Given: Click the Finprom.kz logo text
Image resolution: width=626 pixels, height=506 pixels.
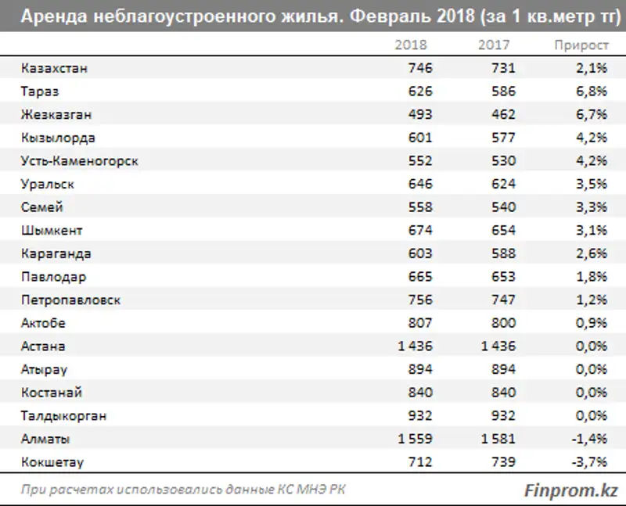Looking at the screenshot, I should click(570, 490).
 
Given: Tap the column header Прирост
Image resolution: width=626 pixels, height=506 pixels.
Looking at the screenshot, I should click(581, 45).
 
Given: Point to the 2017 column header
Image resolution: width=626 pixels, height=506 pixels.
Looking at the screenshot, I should click(494, 45).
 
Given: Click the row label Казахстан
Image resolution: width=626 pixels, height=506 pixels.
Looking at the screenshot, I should click(56, 68).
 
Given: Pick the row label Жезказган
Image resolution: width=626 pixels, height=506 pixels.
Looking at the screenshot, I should click(57, 115).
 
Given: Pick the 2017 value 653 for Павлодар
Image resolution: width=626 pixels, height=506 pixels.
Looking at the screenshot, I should click(502, 277).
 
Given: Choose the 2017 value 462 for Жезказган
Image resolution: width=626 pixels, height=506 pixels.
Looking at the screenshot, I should click(502, 115).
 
